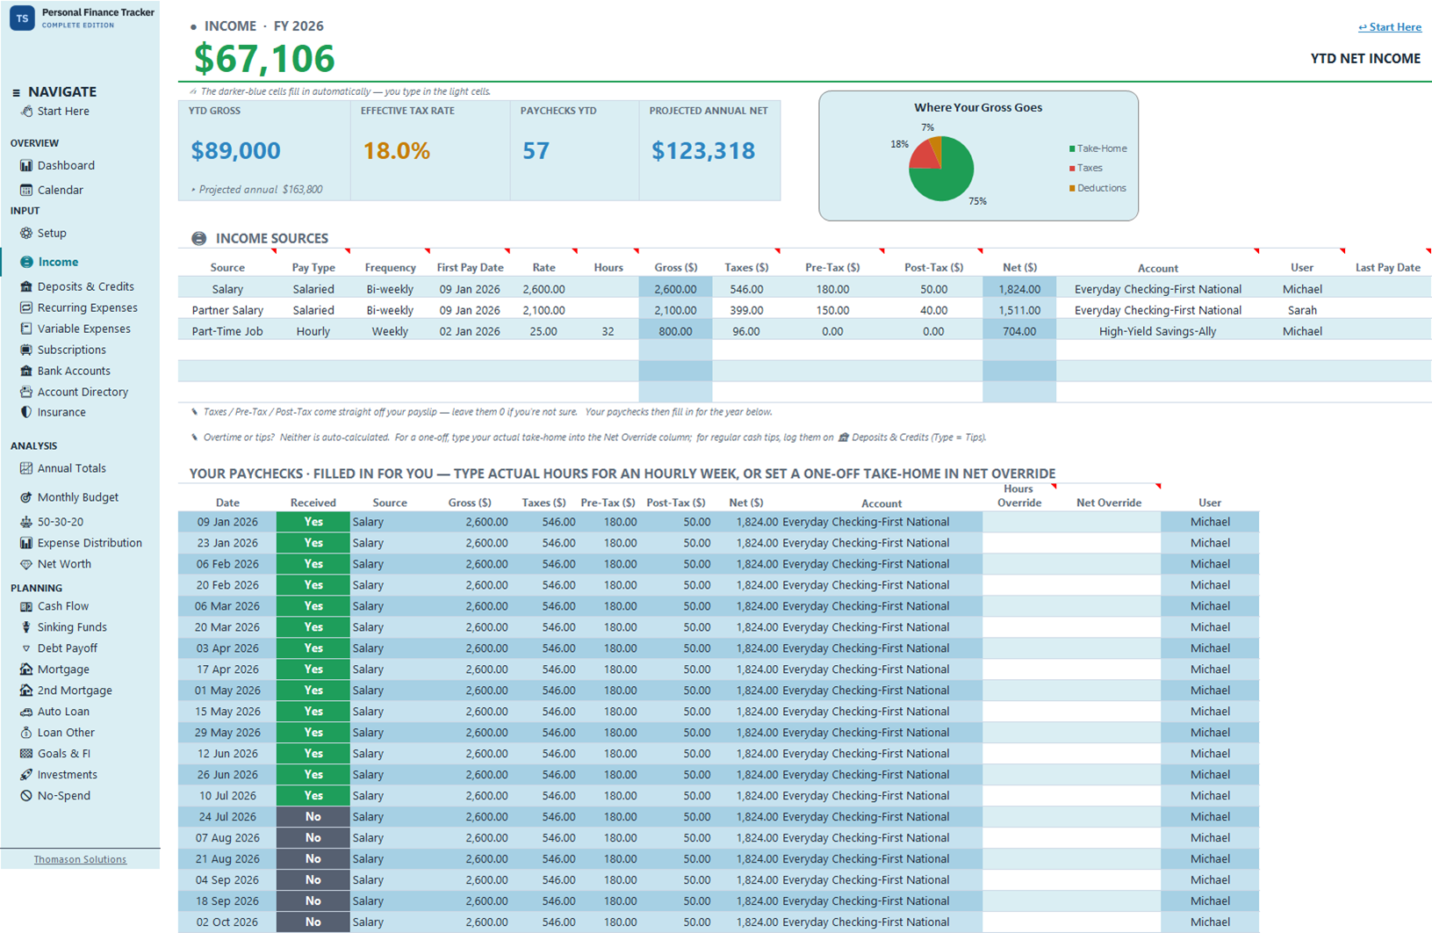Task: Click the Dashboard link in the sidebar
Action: (66, 165)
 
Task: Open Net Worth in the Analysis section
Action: (64, 563)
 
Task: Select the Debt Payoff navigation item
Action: (67, 647)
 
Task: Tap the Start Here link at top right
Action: (1390, 27)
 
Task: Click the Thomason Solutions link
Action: (80, 859)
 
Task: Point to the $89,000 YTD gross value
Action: (236, 150)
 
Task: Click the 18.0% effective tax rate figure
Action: (396, 150)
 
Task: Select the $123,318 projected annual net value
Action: (703, 150)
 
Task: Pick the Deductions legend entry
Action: (1097, 188)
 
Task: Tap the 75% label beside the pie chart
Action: (977, 201)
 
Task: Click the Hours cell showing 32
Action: (608, 331)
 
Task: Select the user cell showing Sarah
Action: (1301, 310)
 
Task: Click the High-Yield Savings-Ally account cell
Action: (1157, 331)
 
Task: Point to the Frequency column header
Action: (390, 267)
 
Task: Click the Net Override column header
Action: (1109, 503)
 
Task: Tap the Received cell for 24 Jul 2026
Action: (313, 817)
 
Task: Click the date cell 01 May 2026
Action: (227, 690)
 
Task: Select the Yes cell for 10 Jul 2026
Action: (313, 796)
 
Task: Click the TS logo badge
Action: (22, 18)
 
